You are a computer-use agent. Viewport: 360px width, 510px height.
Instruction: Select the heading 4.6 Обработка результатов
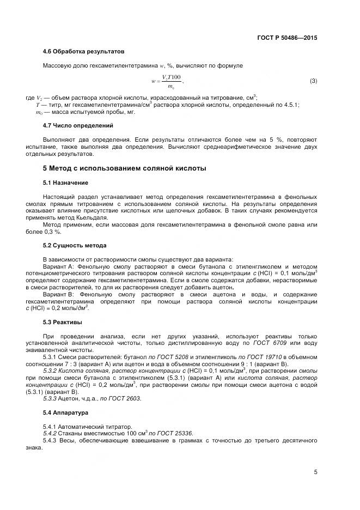[83, 52]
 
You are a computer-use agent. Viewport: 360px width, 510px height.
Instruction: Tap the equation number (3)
[313, 81]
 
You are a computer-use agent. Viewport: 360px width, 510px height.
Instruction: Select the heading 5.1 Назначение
[65, 182]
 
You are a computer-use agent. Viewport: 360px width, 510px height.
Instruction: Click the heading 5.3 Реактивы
[62, 323]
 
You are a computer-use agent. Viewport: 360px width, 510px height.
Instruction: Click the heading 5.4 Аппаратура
[66, 412]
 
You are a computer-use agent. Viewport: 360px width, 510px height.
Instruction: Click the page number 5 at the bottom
[315, 472]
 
